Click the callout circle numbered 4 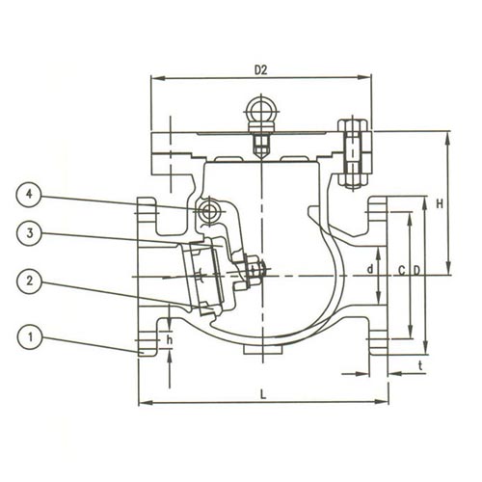[x=29, y=195]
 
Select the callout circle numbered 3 [x=29, y=233]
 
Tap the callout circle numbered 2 [x=29, y=281]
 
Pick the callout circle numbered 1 [x=29, y=337]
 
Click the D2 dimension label [x=261, y=70]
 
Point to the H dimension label [x=440, y=203]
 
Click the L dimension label [x=263, y=394]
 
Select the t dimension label [x=420, y=365]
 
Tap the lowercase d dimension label [x=370, y=269]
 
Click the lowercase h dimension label [x=170, y=339]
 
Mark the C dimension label [x=402, y=271]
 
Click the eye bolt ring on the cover [x=261, y=110]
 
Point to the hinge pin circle [x=208, y=211]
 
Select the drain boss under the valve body [x=263, y=350]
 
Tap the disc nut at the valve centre [x=252, y=268]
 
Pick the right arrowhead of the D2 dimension [x=364, y=77]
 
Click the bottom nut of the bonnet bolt [x=353, y=180]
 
